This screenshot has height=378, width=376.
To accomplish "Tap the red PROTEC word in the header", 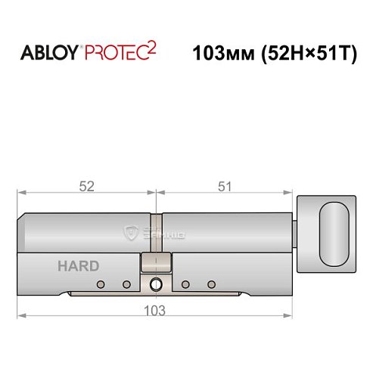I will pos(120,54).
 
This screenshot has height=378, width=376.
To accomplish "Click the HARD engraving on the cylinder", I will pos(77,265).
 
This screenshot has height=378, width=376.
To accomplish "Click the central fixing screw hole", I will pos(156,285).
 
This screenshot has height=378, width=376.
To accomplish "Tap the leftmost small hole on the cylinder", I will pos(99,284).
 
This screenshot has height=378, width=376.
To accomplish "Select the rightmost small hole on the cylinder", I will pos(211,284).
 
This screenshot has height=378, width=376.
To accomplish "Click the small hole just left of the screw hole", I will pos(126,284).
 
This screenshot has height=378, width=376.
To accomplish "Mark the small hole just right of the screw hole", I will pos(185,284).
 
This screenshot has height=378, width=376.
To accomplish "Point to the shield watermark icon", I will pos(133,235).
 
